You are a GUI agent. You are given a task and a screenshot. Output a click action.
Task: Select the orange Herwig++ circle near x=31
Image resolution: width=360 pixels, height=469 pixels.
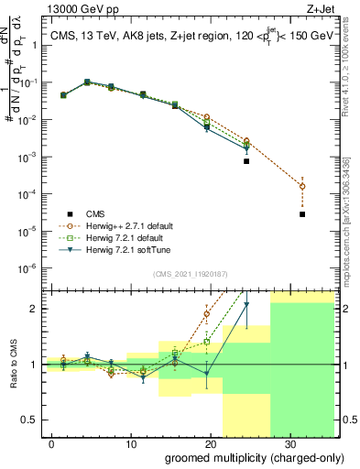point(302,186)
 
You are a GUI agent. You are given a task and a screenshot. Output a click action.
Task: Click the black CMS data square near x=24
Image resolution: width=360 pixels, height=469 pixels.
point(246,161)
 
